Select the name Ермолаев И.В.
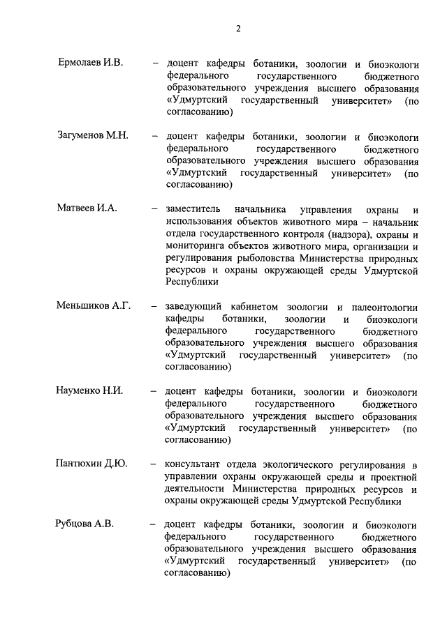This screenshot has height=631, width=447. (90, 63)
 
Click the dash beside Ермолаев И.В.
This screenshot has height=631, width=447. (155, 63)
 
